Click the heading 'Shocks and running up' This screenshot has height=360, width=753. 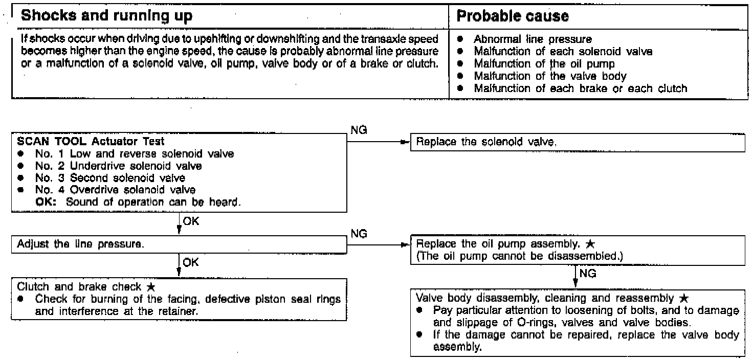point(106,16)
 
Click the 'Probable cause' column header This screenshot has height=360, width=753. point(512,16)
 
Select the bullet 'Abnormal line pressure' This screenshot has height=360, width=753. point(533,39)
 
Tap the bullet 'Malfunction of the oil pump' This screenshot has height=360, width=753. point(544,64)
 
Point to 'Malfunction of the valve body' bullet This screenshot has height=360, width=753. point(550,76)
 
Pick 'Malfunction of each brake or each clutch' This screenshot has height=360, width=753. point(580,88)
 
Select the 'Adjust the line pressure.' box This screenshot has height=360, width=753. point(179,244)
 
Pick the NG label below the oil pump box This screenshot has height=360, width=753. point(588,274)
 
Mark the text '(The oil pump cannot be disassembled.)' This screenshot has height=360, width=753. point(520,256)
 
